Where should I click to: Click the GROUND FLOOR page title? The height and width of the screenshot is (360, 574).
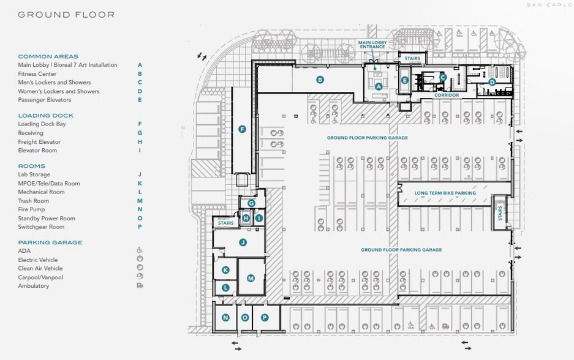[66, 15]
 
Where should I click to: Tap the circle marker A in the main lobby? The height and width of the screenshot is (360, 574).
[379, 86]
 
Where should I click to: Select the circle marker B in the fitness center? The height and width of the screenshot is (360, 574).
[320, 80]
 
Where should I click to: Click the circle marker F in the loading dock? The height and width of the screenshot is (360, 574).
[242, 129]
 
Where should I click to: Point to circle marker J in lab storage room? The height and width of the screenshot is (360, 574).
[243, 242]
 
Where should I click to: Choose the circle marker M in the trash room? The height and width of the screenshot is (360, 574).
[251, 279]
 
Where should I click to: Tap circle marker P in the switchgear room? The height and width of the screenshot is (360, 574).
[265, 318]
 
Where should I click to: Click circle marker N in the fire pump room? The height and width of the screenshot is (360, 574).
[225, 318]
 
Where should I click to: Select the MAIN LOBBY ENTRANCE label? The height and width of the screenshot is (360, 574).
[372, 44]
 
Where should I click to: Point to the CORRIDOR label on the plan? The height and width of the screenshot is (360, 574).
[447, 96]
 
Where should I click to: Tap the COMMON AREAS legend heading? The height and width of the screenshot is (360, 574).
[48, 56]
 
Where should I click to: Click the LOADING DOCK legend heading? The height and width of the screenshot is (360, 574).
[45, 115]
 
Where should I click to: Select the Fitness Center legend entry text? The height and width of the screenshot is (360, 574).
[37, 74]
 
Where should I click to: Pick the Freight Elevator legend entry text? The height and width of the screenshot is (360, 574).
[39, 142]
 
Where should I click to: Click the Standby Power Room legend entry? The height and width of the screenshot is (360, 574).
[47, 219]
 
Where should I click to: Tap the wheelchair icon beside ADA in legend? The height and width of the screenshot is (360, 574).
[140, 251]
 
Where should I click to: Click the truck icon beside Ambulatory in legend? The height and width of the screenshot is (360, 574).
[140, 286]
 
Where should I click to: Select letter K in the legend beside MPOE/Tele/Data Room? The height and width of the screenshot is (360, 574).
[140, 184]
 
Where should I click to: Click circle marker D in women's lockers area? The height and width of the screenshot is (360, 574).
[492, 82]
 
